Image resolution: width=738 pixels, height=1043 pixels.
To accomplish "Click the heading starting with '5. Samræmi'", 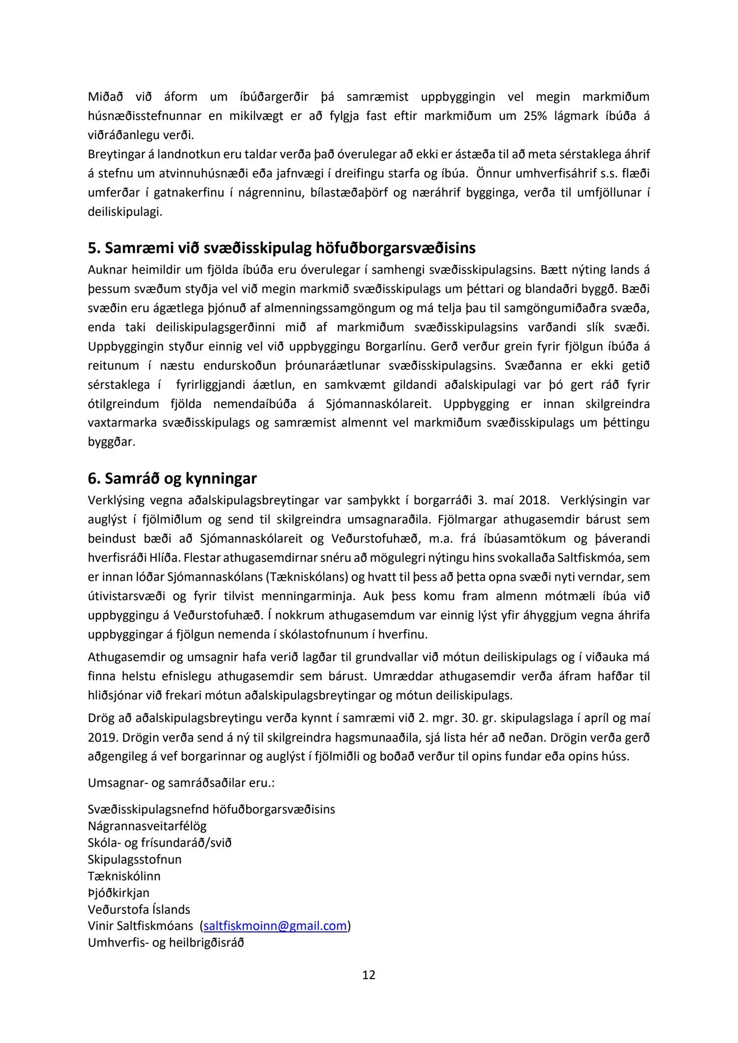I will pyautogui.click(x=281, y=248).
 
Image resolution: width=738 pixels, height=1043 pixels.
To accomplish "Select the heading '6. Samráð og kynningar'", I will pyautogui.click(x=172, y=478).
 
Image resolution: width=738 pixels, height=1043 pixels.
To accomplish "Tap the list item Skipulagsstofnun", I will pyautogui.click(x=134, y=859).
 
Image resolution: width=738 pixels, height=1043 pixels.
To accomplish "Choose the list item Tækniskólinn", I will pyautogui.click(x=124, y=876).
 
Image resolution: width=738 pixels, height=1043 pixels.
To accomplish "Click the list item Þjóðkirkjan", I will pyautogui.click(x=119, y=893).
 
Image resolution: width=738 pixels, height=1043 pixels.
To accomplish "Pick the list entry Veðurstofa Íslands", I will pyautogui.click(x=139, y=909).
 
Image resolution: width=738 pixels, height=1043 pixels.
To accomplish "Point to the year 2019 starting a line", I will pyautogui.click(x=100, y=738).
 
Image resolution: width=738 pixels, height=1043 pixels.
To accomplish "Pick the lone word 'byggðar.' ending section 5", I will pyautogui.click(x=111, y=442).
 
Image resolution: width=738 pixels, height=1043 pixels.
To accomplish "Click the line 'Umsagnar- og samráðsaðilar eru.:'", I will pyautogui.click(x=181, y=782).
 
